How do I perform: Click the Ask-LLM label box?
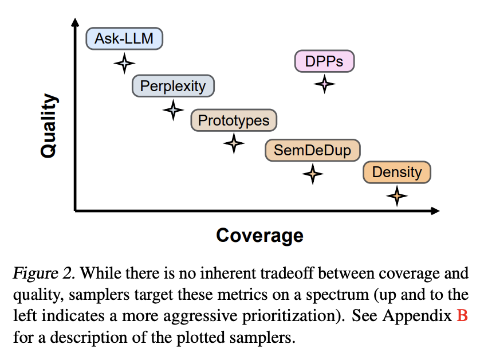pyautogui.click(x=124, y=38)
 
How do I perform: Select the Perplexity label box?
pyautogui.click(x=173, y=86)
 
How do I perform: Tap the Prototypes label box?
pyautogui.click(x=234, y=120)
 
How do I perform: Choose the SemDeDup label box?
pyautogui.click(x=313, y=150)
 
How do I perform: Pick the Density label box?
pyautogui.click(x=397, y=172)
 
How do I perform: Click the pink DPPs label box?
pyautogui.click(x=325, y=61)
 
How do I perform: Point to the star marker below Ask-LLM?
pyautogui.click(x=124, y=64)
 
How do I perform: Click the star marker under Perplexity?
pyautogui.click(x=173, y=110)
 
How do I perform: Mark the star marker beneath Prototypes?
pyautogui.click(x=234, y=143)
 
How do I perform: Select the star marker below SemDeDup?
pyautogui.click(x=313, y=174)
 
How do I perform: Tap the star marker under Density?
pyautogui.click(x=397, y=196)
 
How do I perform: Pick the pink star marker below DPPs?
pyautogui.click(x=325, y=84)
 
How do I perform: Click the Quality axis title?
pyautogui.click(x=49, y=126)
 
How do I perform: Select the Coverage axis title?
pyautogui.click(x=259, y=236)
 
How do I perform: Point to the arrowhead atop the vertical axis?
pyautogui.click(x=75, y=22)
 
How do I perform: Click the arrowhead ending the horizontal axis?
pyautogui.click(x=435, y=211)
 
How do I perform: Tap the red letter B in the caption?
pyautogui.click(x=462, y=315)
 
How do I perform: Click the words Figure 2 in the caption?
pyautogui.click(x=44, y=273)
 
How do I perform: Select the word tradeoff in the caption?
pyautogui.click(x=287, y=273)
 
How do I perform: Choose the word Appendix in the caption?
pyautogui.click(x=417, y=316)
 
